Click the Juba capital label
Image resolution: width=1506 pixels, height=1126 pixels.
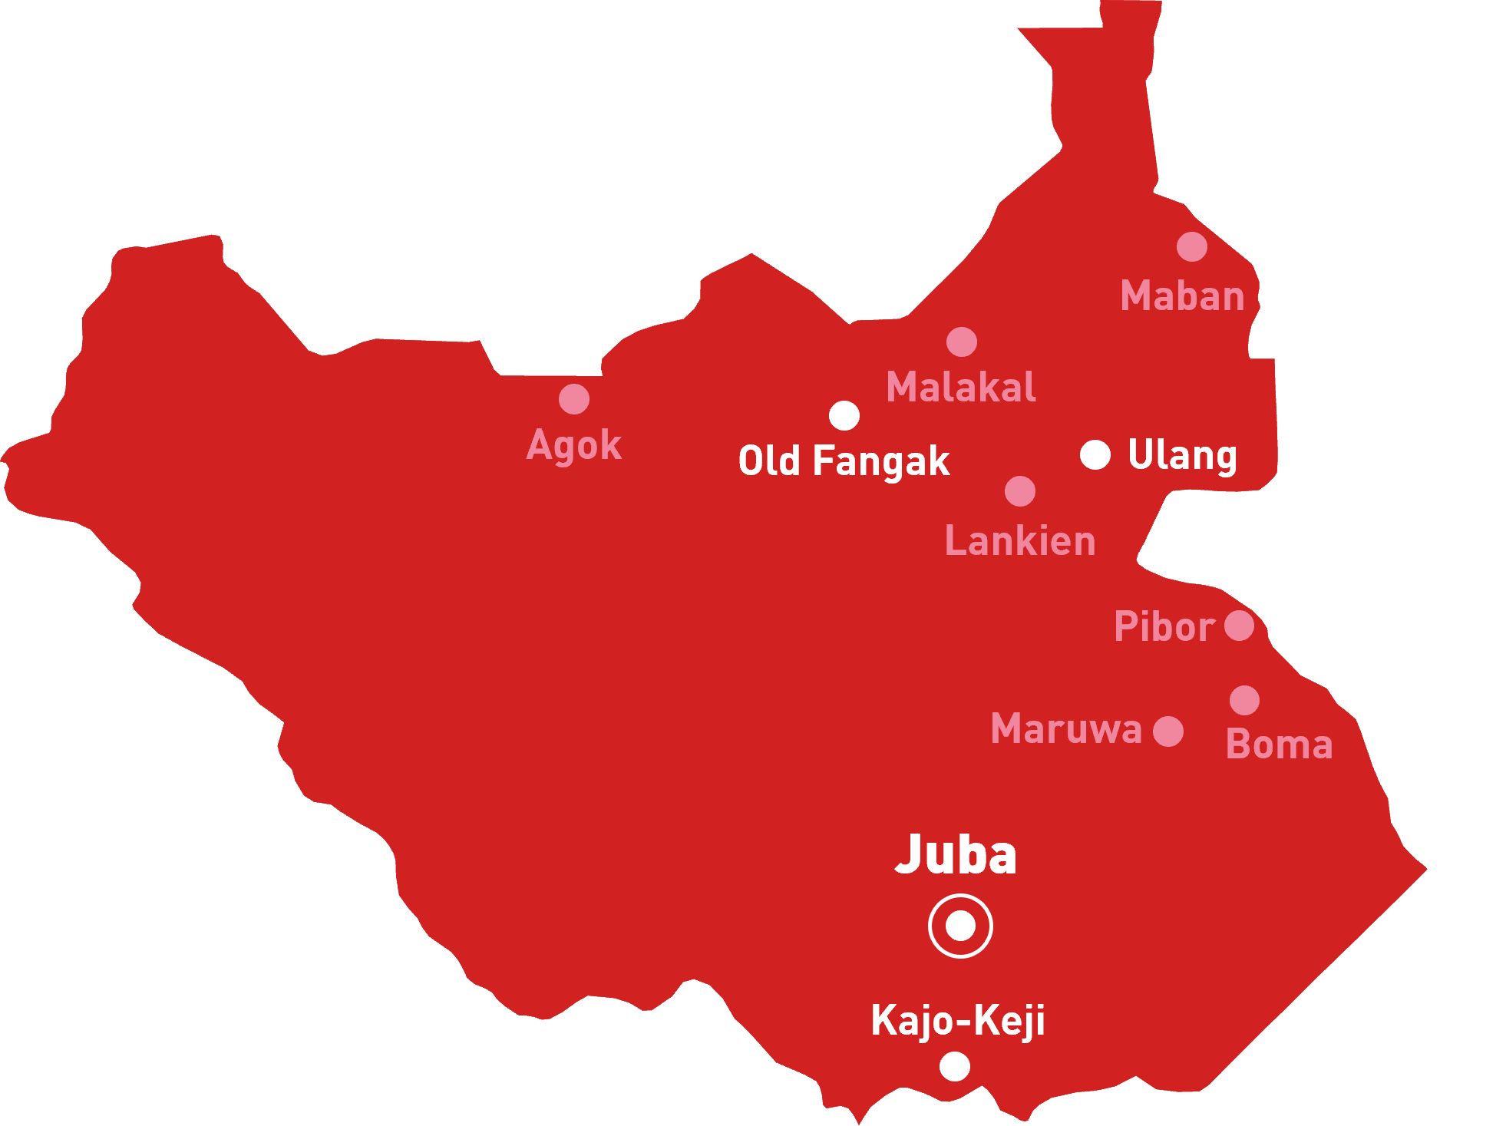(956, 854)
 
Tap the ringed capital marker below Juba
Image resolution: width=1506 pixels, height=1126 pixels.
(960, 926)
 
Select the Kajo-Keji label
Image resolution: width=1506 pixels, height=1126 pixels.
(958, 1021)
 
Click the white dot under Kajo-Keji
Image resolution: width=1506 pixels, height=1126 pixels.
(955, 1066)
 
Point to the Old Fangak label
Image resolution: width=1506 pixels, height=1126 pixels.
(844, 461)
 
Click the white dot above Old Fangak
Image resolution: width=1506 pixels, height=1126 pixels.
(844, 415)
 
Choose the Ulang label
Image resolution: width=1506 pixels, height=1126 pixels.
(1182, 455)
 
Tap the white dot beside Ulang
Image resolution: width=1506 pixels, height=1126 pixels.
(1095, 454)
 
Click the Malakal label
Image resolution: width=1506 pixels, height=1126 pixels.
(961, 387)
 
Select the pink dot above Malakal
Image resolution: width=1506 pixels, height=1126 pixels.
(962, 342)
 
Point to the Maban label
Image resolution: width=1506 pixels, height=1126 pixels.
(1182, 296)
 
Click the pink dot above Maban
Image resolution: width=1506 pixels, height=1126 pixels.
(1192, 246)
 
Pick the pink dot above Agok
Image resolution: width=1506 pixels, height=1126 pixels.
(574, 399)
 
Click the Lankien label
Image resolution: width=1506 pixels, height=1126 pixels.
(1020, 541)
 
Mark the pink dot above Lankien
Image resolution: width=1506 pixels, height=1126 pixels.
(1020, 491)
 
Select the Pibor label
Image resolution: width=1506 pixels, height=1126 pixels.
(1164, 627)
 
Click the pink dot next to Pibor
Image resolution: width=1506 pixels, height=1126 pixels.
(1240, 626)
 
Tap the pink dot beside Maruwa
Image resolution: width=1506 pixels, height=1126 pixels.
(1168, 731)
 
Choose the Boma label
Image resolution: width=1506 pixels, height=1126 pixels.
(1279, 745)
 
